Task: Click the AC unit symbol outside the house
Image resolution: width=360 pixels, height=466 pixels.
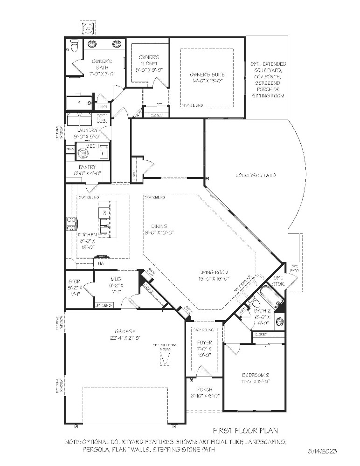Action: tap(87, 28)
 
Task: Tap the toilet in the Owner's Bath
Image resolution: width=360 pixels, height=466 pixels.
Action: tap(73, 45)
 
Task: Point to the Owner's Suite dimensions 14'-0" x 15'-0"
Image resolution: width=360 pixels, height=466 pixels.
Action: tap(207, 81)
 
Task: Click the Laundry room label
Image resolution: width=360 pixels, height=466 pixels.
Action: tap(87, 130)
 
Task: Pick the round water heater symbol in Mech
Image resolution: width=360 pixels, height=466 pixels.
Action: tap(83, 152)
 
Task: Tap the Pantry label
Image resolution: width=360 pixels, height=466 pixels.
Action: tap(88, 167)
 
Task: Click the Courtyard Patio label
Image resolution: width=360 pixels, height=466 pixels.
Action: tap(255, 175)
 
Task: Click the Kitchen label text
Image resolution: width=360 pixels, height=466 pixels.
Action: tap(87, 234)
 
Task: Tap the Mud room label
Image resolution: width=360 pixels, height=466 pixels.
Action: tap(116, 279)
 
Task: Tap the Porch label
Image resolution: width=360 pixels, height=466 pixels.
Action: tap(204, 389)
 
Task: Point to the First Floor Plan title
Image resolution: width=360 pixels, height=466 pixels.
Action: tap(245, 431)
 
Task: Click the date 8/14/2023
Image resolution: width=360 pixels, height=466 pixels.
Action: tap(322, 451)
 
